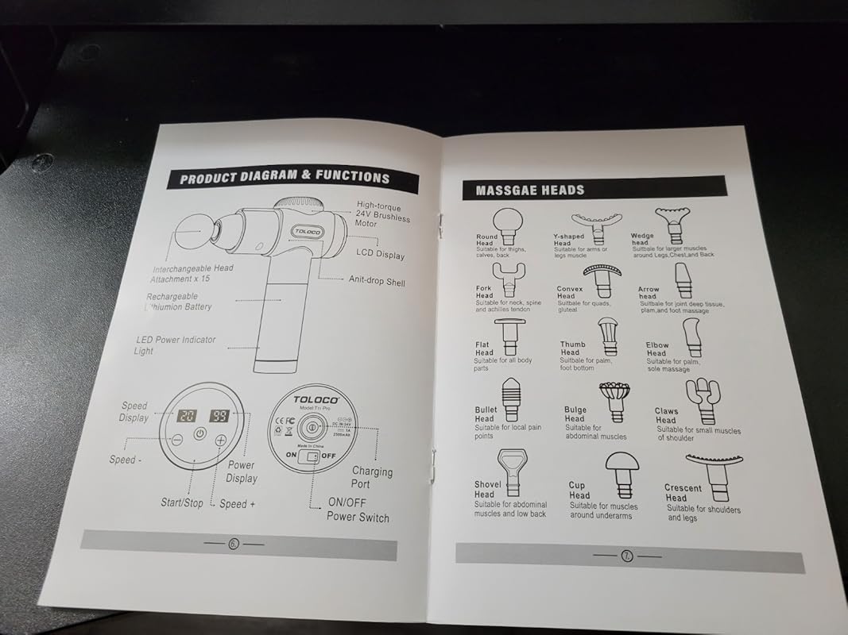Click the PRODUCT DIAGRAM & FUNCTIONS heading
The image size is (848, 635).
coord(285,178)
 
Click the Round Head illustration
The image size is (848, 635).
coord(506,221)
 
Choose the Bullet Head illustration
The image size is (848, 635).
coord(509,397)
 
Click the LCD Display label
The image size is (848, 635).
coord(380,254)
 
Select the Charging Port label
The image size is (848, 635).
coord(372,477)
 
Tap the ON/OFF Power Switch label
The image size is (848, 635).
coord(358,510)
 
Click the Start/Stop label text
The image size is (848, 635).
coord(182,502)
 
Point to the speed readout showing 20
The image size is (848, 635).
coord(187,415)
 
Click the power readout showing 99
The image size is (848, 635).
coord(220,415)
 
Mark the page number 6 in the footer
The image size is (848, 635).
coord(233,544)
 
